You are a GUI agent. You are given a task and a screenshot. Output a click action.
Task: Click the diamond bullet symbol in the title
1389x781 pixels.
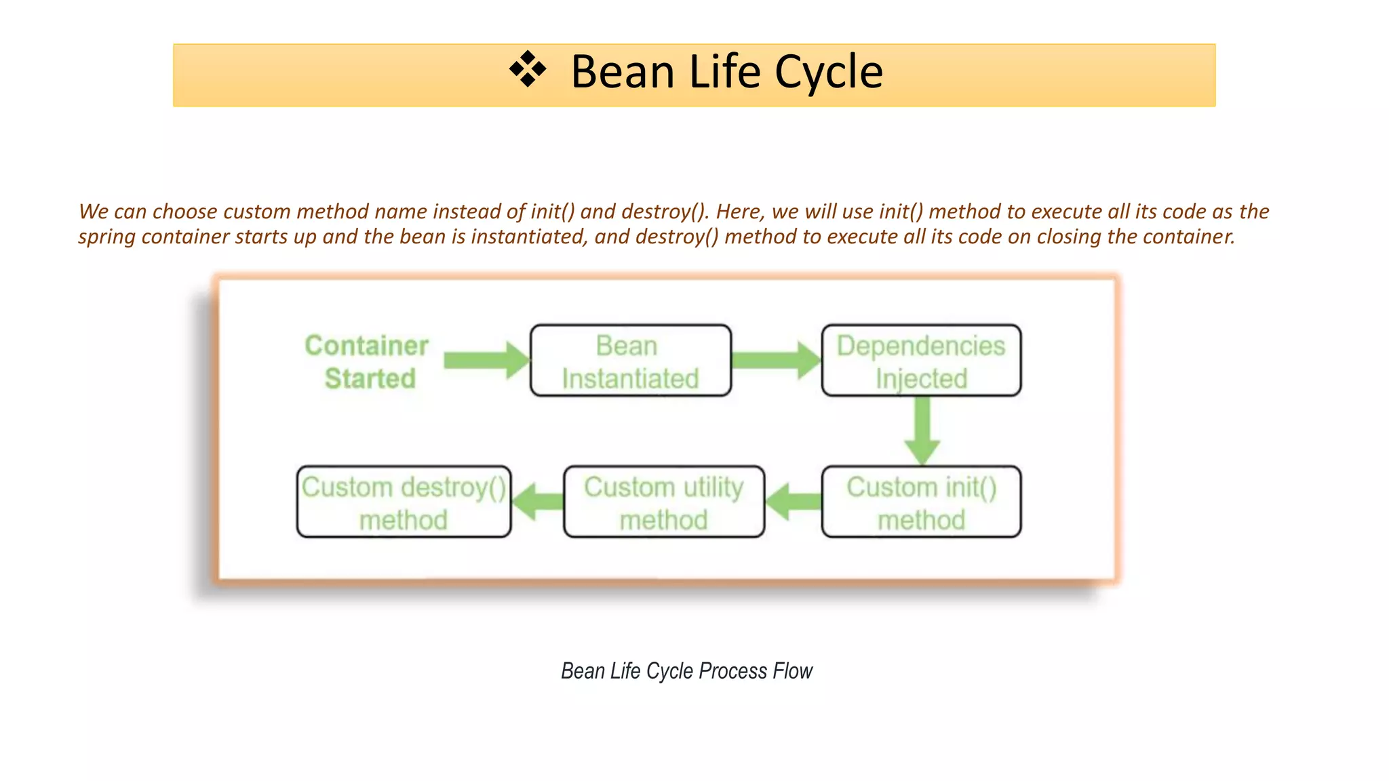pos(527,70)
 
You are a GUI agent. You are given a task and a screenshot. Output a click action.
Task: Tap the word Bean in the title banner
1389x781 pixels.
pos(623,72)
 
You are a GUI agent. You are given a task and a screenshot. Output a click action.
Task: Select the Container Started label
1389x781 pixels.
pos(368,362)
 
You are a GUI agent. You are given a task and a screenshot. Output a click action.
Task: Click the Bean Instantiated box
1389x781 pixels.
pos(630,361)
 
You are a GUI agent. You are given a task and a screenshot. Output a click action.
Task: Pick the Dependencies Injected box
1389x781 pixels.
pos(920,361)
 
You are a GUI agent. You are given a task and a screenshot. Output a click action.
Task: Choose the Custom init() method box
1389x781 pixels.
pos(920,502)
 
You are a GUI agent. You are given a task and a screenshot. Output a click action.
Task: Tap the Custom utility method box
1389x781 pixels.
pos(663,502)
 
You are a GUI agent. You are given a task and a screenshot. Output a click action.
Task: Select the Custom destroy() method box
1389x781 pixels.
pos(404,502)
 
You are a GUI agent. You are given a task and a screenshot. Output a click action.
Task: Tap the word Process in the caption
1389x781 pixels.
pos(732,671)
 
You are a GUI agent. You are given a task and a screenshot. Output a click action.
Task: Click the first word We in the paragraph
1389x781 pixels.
pos(94,212)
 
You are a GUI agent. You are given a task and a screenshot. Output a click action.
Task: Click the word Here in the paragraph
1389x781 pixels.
pos(740,212)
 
